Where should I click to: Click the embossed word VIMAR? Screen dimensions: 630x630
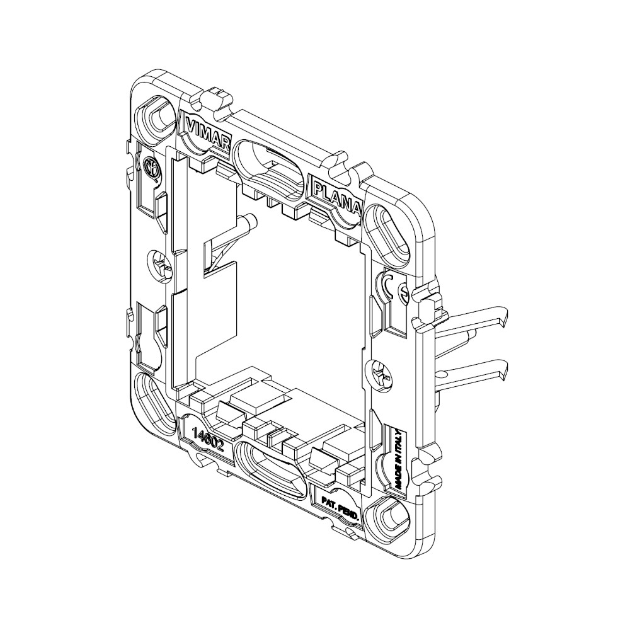click(x=208, y=132)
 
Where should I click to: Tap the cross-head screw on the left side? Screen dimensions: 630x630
click(x=159, y=263)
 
